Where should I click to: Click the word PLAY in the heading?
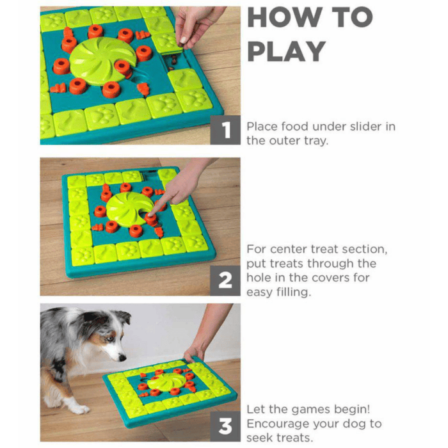pos(287,51)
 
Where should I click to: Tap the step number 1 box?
pos(225,130)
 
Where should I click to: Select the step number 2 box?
pos(225,280)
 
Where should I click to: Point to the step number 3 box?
pos(225,426)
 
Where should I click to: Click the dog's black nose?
pos(122,357)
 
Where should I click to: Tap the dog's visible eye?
pos(109,339)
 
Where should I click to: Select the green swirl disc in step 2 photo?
pos(129,209)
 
